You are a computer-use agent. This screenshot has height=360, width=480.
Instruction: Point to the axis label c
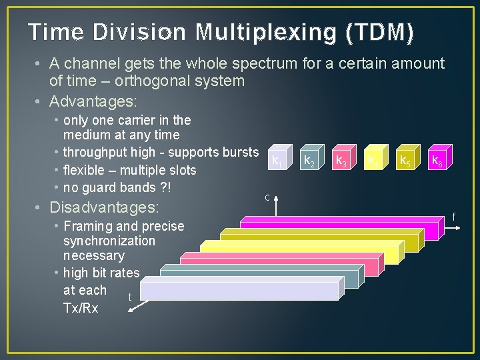(x=267, y=197)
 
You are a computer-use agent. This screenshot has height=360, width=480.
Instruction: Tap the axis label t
(x=129, y=297)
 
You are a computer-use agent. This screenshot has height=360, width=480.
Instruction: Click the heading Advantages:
(x=93, y=101)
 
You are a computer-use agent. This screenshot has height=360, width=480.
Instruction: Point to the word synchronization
(x=109, y=241)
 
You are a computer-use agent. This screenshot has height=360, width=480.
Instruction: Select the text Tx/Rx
(x=80, y=308)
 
